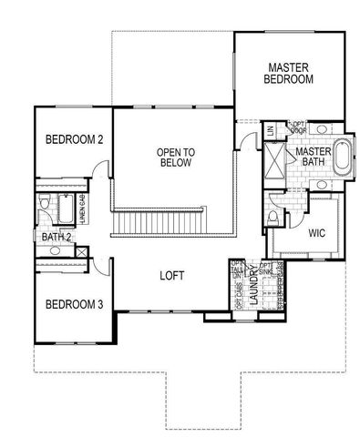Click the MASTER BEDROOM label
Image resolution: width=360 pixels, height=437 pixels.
coord(290,73)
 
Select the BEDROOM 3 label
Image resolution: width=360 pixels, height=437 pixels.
coord(74,303)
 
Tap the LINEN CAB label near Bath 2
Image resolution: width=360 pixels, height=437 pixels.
coord(84,210)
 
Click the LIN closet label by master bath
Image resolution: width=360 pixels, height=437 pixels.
coord(271,131)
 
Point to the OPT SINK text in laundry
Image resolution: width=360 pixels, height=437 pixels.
coord(266,269)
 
